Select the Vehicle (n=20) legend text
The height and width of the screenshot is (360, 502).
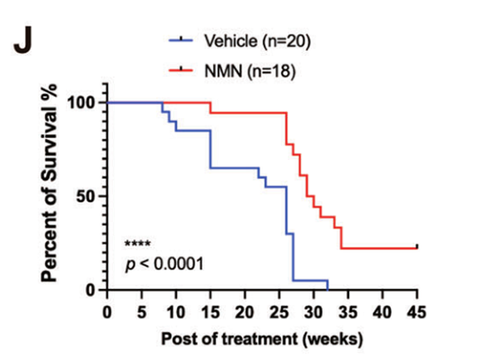click(x=257, y=40)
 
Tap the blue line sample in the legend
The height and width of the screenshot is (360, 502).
click(x=182, y=40)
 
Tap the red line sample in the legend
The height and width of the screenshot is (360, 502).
click(x=182, y=68)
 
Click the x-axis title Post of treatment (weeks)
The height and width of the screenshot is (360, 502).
click(x=262, y=339)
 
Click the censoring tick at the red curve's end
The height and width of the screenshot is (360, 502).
click(x=417, y=246)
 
